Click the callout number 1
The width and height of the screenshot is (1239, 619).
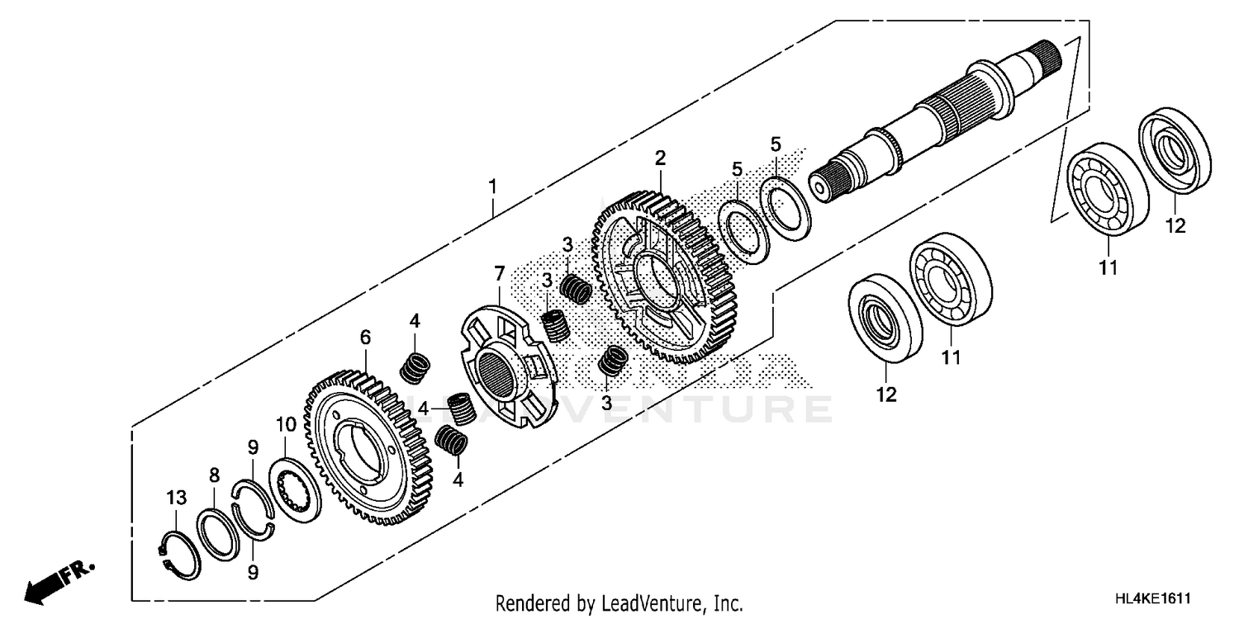(492, 187)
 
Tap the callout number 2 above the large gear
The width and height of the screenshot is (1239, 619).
(660, 157)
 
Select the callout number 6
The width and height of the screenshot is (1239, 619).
(365, 337)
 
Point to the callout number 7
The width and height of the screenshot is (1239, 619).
(499, 272)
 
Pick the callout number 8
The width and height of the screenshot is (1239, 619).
(214, 475)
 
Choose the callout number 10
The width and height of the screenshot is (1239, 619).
(286, 425)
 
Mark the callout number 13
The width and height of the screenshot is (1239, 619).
(175, 498)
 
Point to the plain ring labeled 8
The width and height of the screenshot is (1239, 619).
(218, 535)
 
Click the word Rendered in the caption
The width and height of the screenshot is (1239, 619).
(533, 603)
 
